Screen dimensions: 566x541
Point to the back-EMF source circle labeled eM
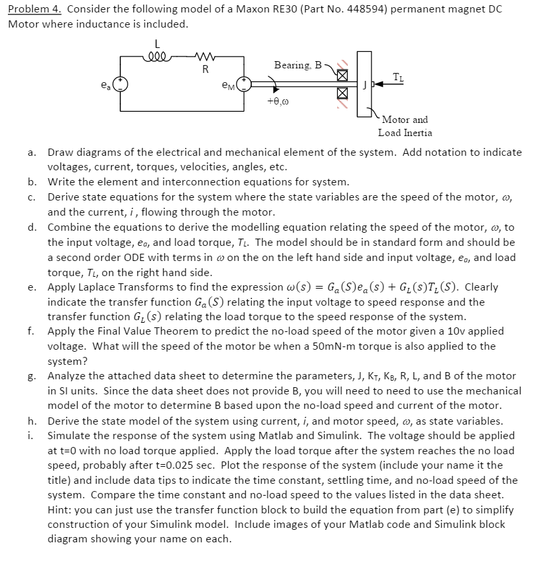click(245, 83)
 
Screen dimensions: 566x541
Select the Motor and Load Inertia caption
click(405, 126)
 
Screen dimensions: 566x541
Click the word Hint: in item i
click(60, 509)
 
